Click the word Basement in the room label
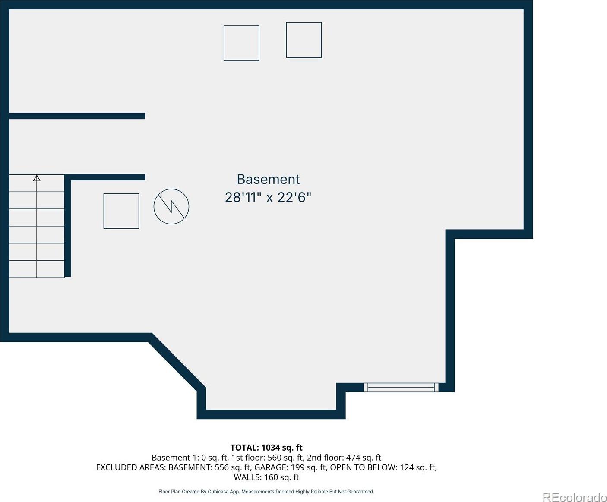coord(268,180)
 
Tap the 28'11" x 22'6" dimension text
coord(268,197)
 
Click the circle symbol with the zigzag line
coord(171,206)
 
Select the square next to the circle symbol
coord(121,211)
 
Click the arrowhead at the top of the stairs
coord(37,177)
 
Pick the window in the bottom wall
coord(401,388)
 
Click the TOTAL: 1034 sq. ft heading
coord(266,447)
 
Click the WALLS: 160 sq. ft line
coord(266,477)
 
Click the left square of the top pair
coord(241,43)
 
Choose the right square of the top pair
coord(304,40)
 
